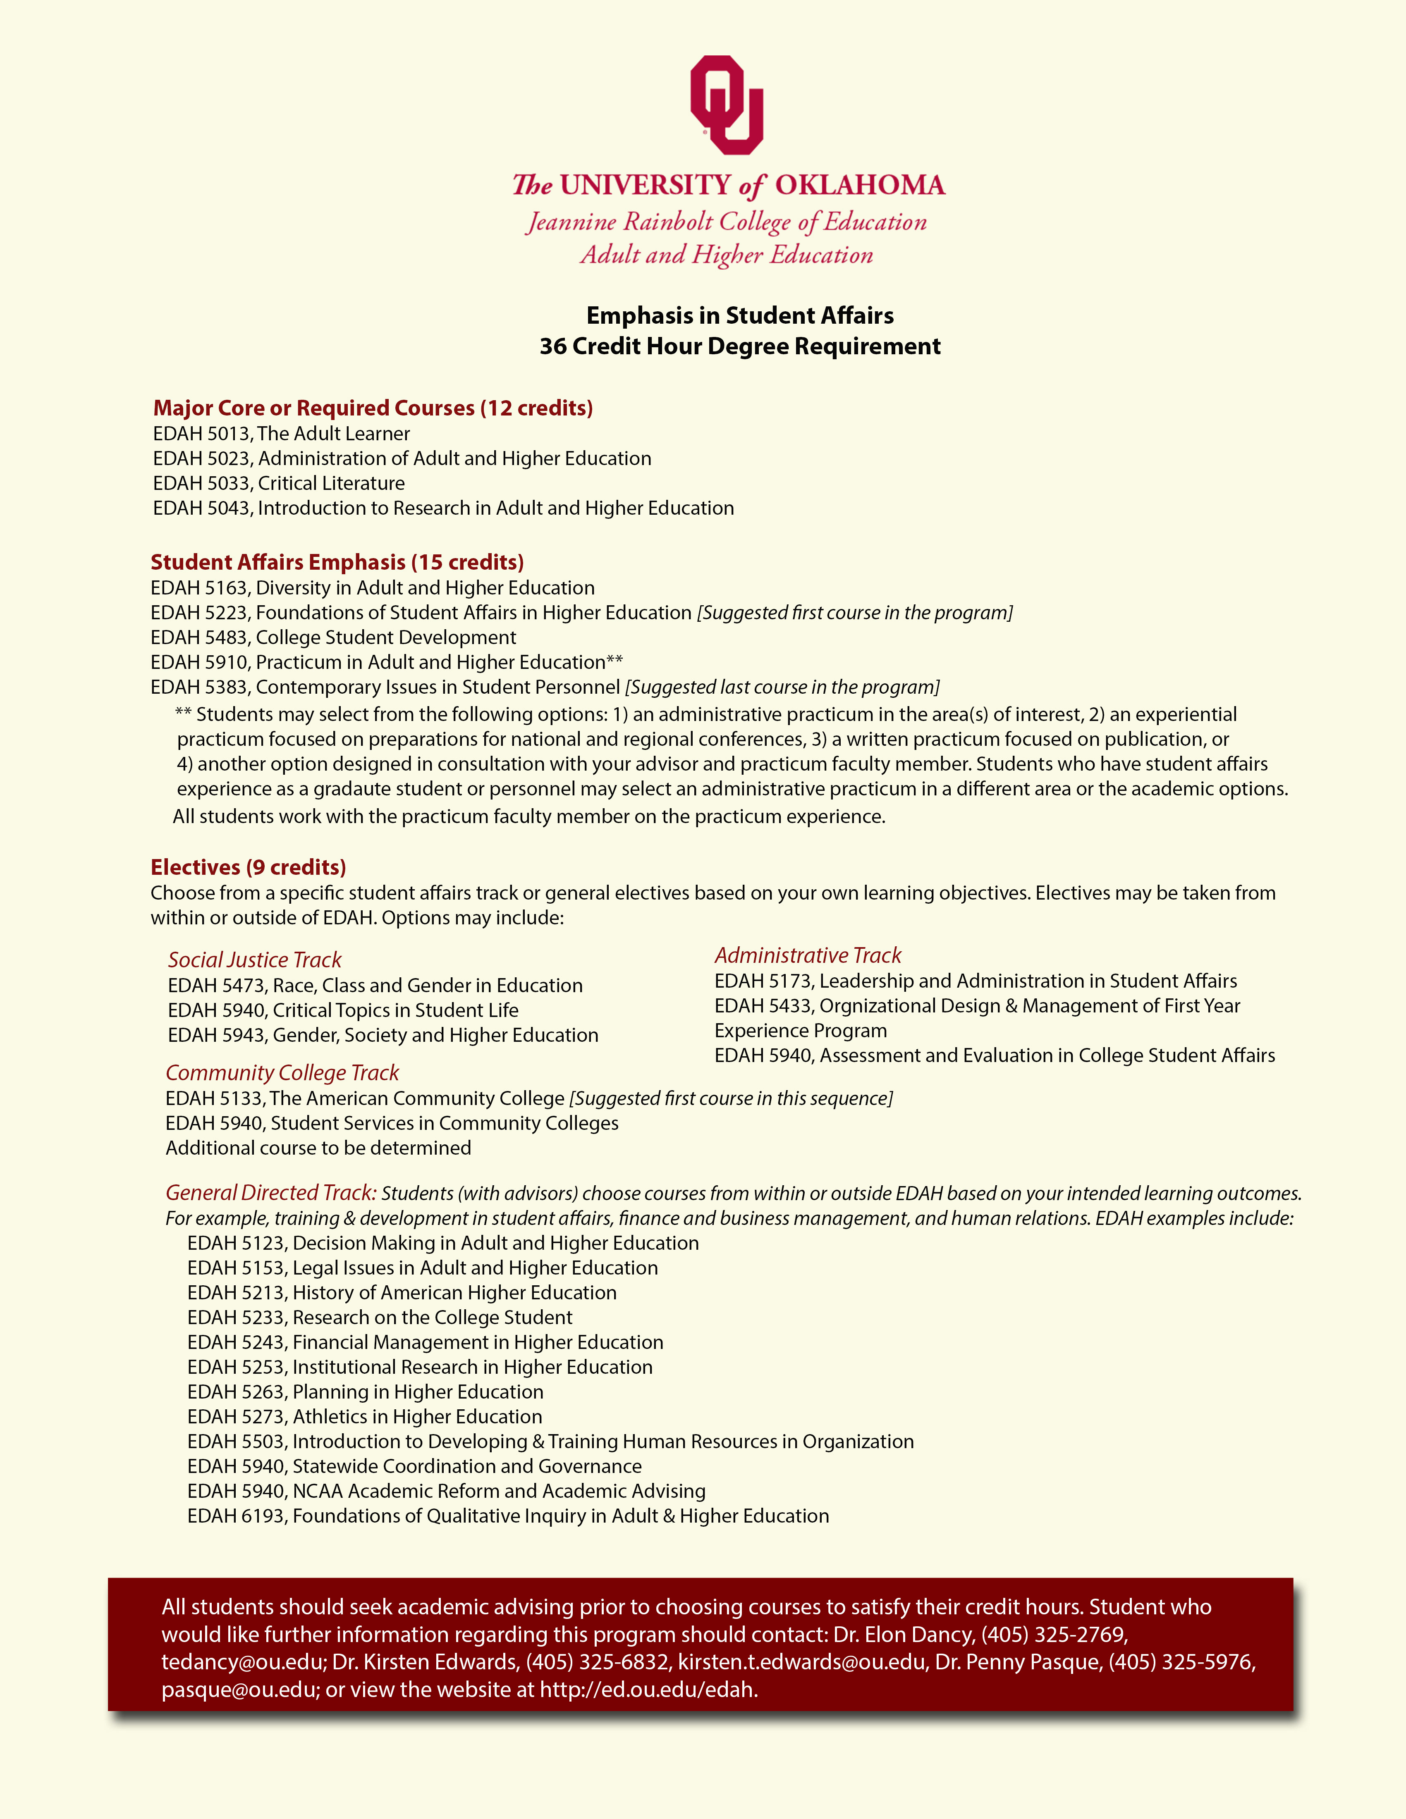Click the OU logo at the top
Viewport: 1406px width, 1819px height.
726,105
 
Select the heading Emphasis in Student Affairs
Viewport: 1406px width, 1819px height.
740,316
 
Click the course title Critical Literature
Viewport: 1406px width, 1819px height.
332,484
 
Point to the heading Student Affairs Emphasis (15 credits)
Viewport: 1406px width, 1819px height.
337,562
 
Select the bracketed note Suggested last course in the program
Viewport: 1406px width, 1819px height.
782,687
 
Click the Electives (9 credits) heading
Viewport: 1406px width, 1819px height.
248,867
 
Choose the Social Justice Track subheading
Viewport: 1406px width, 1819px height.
255,960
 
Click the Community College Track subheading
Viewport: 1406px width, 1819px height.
282,1073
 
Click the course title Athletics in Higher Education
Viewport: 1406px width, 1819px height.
417,1417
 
